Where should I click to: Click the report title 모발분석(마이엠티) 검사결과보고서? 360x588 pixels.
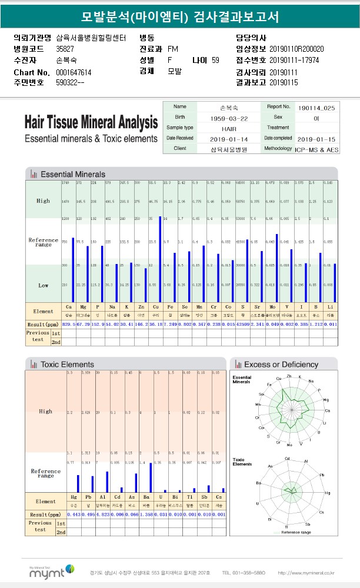[x=180, y=16]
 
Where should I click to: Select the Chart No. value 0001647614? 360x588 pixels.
[x=74, y=72]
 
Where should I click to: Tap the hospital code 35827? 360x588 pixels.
[x=65, y=49]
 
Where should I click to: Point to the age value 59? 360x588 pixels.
[x=215, y=61]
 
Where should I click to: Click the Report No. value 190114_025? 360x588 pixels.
[x=316, y=108]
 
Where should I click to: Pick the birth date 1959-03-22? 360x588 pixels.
[x=226, y=118]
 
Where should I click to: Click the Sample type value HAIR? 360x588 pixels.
[x=229, y=128]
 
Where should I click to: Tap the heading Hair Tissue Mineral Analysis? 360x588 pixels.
[x=91, y=122]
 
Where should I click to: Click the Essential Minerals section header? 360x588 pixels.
[x=72, y=175]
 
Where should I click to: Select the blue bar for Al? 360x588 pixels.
[x=107, y=482]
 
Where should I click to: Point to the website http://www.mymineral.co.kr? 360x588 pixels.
[x=306, y=572]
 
